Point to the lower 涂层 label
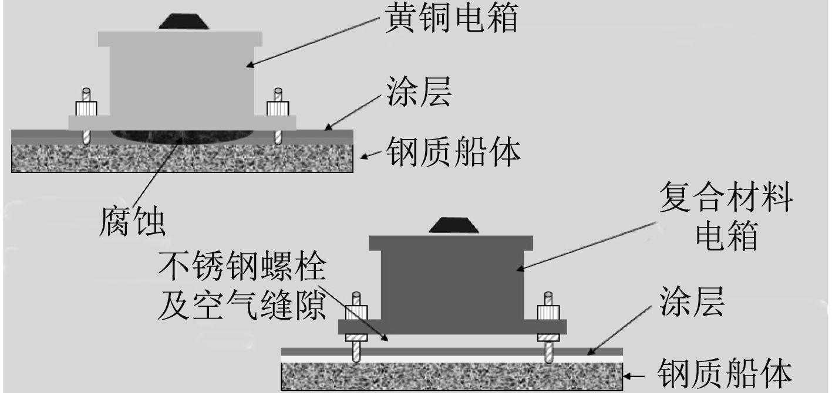pyautogui.click(x=692, y=303)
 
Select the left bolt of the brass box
pyautogui.click(x=86, y=117)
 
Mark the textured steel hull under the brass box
pyautogui.click(x=182, y=157)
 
